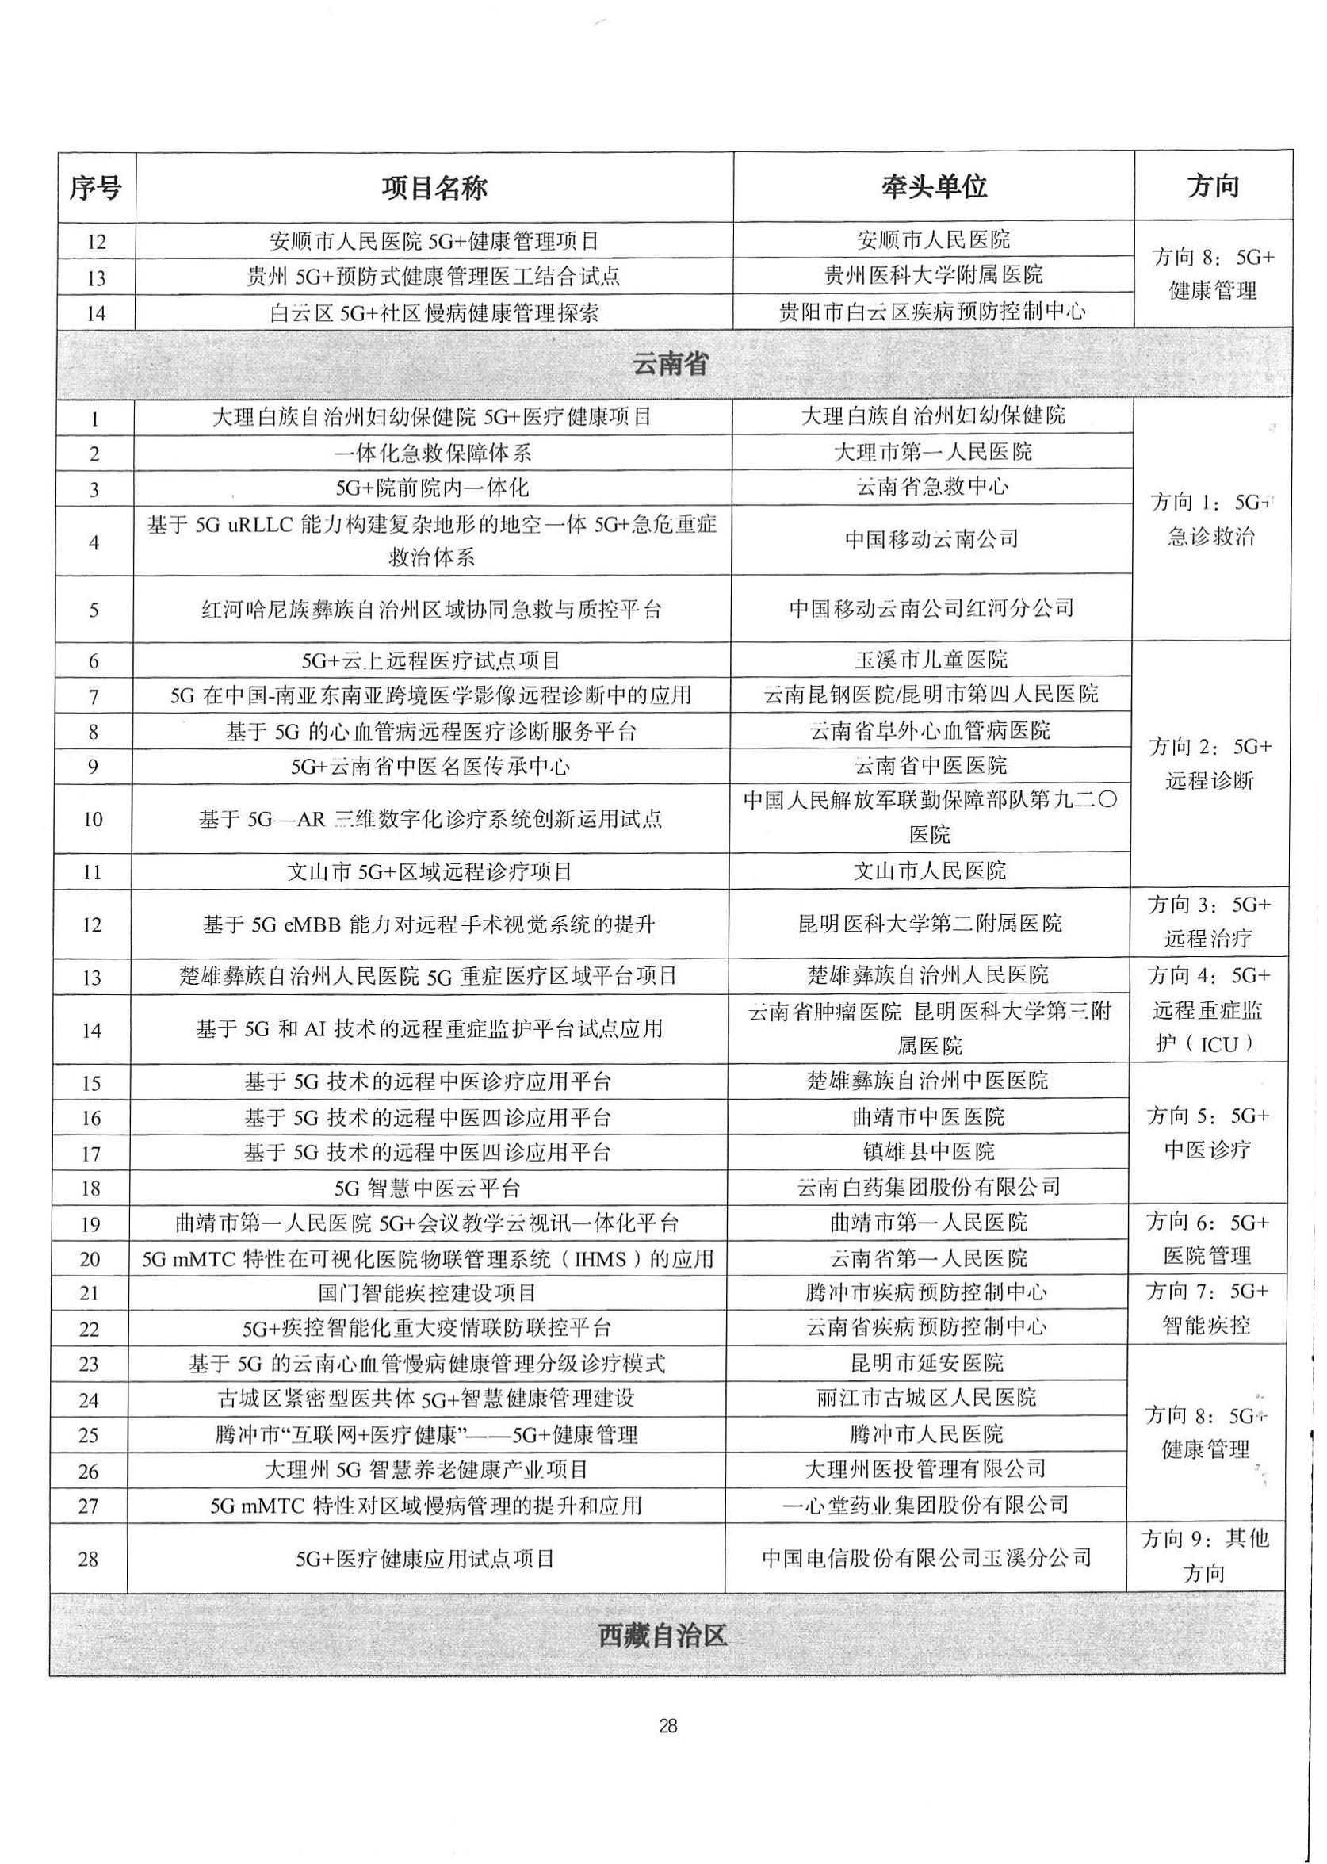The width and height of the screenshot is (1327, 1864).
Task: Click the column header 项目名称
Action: click(x=434, y=188)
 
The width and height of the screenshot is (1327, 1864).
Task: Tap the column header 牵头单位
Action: click(x=933, y=187)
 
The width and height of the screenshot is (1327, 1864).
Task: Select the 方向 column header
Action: click(x=1213, y=186)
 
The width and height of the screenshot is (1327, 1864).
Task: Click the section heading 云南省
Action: click(x=670, y=364)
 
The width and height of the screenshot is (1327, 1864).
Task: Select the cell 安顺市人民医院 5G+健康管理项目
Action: click(x=434, y=241)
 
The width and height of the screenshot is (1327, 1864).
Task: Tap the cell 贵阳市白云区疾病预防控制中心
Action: click(x=932, y=312)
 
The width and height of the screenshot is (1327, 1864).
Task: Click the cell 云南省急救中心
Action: click(x=931, y=487)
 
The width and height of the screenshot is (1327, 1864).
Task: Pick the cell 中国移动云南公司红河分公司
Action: click(x=931, y=608)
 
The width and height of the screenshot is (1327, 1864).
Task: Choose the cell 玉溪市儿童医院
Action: click(x=931, y=660)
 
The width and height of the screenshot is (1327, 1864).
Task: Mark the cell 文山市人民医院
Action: click(x=930, y=871)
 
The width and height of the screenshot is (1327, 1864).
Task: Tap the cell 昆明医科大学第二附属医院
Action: click(x=930, y=924)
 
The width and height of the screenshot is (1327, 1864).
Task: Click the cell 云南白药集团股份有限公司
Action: click(x=928, y=1187)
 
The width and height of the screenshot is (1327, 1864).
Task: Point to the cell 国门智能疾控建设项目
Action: click(x=427, y=1293)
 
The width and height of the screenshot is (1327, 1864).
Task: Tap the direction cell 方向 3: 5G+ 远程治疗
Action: click(x=1210, y=922)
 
